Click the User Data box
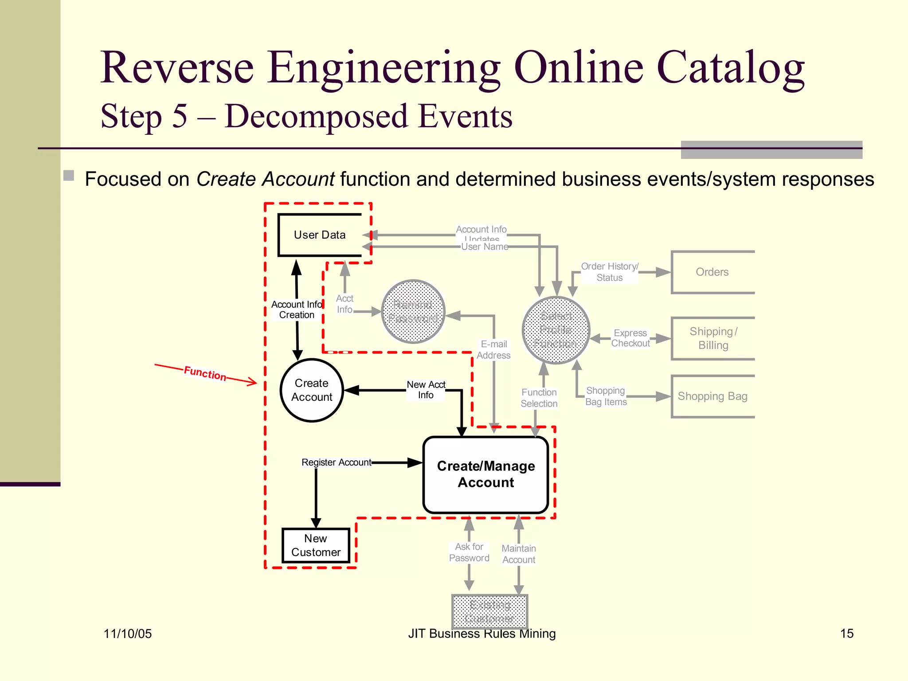[x=320, y=235]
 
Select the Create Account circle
[x=312, y=390]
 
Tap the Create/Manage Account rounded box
[x=486, y=474]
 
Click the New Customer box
[x=316, y=545]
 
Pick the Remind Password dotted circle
[x=413, y=312]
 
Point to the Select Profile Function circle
[x=556, y=330]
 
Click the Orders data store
[x=712, y=272]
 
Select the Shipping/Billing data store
[x=713, y=338]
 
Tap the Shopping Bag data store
[x=712, y=396]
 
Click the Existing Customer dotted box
[x=489, y=611]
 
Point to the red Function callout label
[x=205, y=373]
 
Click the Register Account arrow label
[x=337, y=462]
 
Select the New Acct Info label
[x=426, y=390]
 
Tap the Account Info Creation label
[x=297, y=309]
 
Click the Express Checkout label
[x=630, y=338]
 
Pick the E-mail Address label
[x=493, y=350]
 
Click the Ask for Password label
[x=469, y=552]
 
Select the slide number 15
[x=846, y=634]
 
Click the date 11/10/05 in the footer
[x=128, y=634]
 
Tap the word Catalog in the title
[x=730, y=67]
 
